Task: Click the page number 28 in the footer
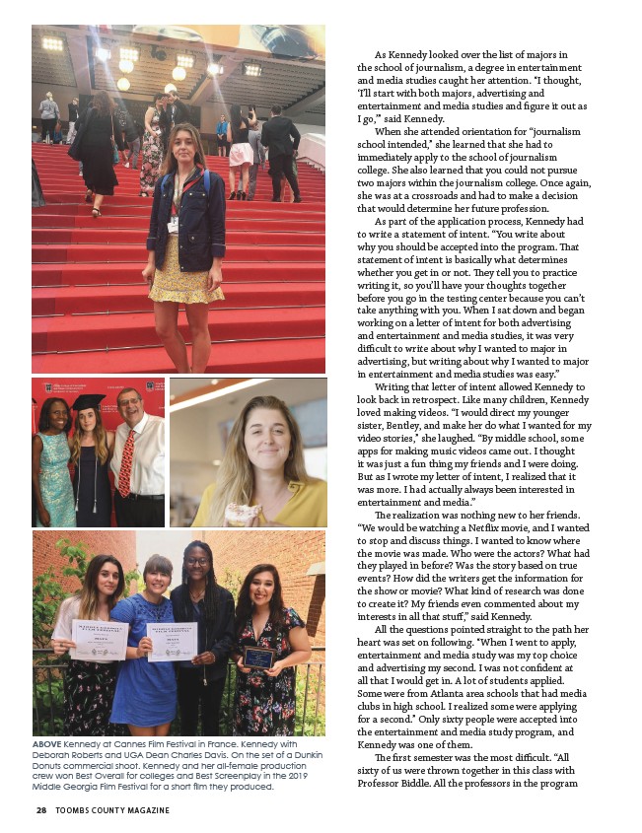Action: point(40,810)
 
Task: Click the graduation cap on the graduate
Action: point(89,402)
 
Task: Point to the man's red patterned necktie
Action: point(126,462)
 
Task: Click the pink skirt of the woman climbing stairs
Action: point(242,155)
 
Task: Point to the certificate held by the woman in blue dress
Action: point(173,642)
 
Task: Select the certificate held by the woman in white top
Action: point(100,640)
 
